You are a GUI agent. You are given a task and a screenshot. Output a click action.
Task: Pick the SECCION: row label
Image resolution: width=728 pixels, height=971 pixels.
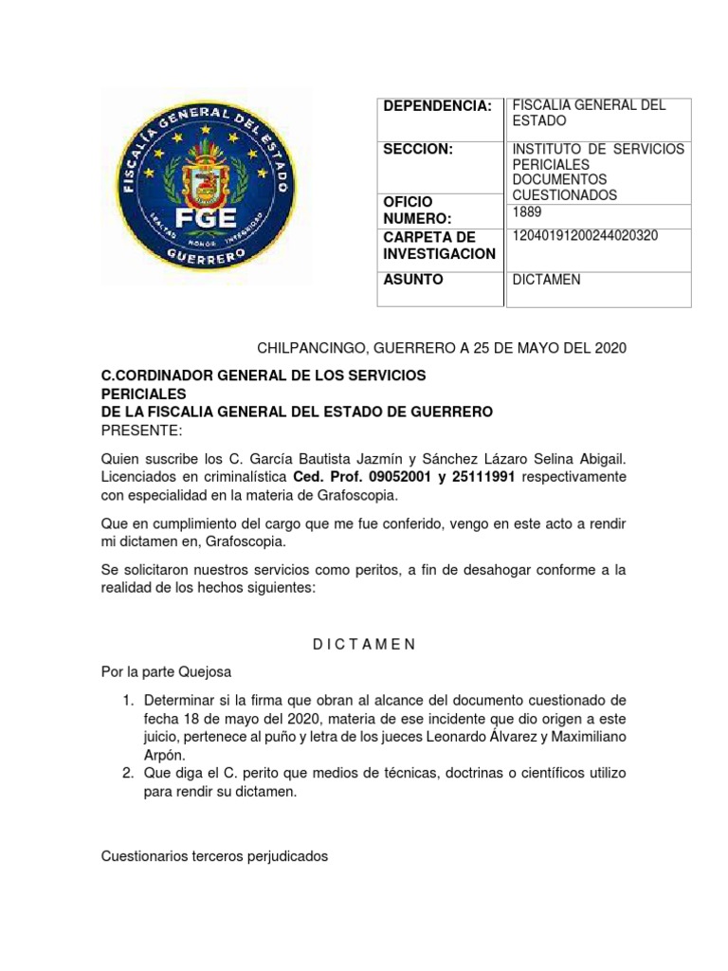pos(418,150)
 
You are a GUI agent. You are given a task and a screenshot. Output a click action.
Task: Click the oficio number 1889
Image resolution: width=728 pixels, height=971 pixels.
pos(527,211)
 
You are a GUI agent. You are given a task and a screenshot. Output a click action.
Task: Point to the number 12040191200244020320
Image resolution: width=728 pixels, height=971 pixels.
pos(585,236)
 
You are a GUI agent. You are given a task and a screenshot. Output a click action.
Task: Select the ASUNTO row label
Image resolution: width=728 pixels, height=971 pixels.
pos(412,281)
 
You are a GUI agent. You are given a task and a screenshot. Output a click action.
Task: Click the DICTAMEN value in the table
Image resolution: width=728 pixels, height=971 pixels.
pos(546,281)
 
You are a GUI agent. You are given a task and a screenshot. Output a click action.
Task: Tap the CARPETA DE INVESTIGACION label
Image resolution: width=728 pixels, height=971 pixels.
pos(439,246)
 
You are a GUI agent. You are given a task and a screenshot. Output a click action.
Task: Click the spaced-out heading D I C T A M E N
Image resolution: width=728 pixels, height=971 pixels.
pos(364,644)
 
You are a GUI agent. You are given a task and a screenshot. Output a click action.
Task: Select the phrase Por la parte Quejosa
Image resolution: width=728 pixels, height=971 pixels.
pos(166,671)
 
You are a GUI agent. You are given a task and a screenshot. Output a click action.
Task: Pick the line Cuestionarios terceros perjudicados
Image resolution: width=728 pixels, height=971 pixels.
pos(214,856)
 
